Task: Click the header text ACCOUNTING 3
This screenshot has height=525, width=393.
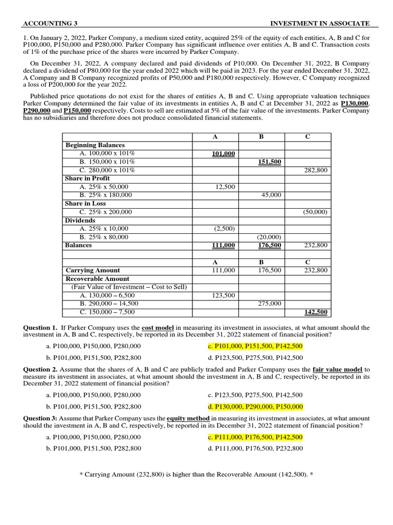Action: coord(54,24)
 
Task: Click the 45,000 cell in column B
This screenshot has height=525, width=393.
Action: coord(271,195)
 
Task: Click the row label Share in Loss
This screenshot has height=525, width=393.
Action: coord(85,204)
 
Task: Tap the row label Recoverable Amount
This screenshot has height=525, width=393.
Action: coord(97,278)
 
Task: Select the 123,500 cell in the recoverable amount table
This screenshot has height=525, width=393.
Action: coord(223,295)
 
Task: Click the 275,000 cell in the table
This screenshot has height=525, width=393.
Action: coord(269,304)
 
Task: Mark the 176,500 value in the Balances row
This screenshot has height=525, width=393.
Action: coord(269,246)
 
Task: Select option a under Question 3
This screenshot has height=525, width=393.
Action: coord(93,437)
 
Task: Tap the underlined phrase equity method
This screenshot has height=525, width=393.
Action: coord(188,418)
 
